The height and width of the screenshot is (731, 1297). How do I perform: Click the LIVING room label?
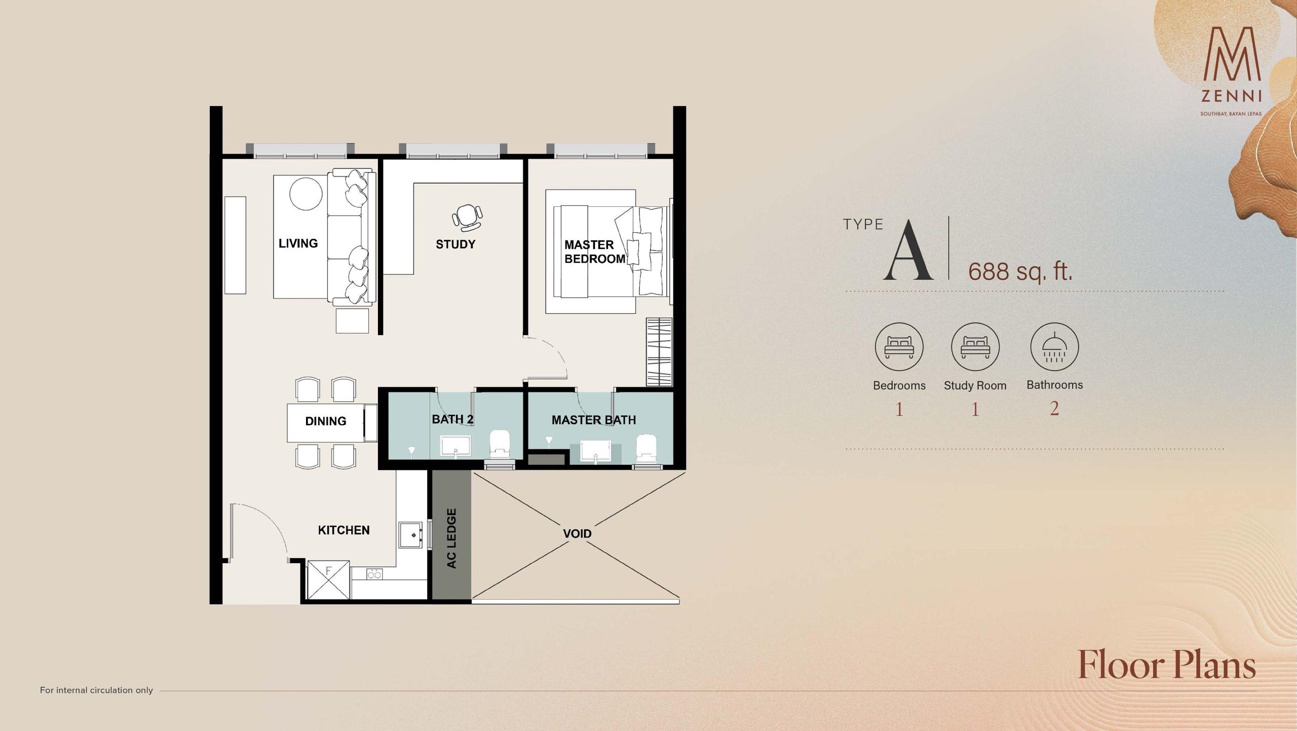[x=298, y=243]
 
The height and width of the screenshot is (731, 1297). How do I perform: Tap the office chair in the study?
[x=467, y=216]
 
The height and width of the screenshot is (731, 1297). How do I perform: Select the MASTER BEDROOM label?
[x=595, y=252]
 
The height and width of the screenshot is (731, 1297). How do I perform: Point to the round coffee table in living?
[x=306, y=194]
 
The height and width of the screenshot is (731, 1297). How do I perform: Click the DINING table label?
[x=326, y=421]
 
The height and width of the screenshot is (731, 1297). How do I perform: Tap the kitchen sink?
[x=411, y=535]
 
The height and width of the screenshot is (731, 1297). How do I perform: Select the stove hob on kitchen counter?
[x=374, y=574]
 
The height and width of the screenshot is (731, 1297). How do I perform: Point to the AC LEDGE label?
[x=451, y=538]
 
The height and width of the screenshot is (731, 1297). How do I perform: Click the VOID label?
[x=577, y=534]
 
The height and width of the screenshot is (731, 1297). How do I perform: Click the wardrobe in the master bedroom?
[x=659, y=352]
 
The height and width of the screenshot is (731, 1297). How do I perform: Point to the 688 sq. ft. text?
[x=1020, y=271]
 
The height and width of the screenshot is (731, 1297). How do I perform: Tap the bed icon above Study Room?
[x=975, y=347]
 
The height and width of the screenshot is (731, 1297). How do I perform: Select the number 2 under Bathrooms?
[x=1054, y=409]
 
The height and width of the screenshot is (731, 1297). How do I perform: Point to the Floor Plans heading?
[x=1167, y=665]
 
